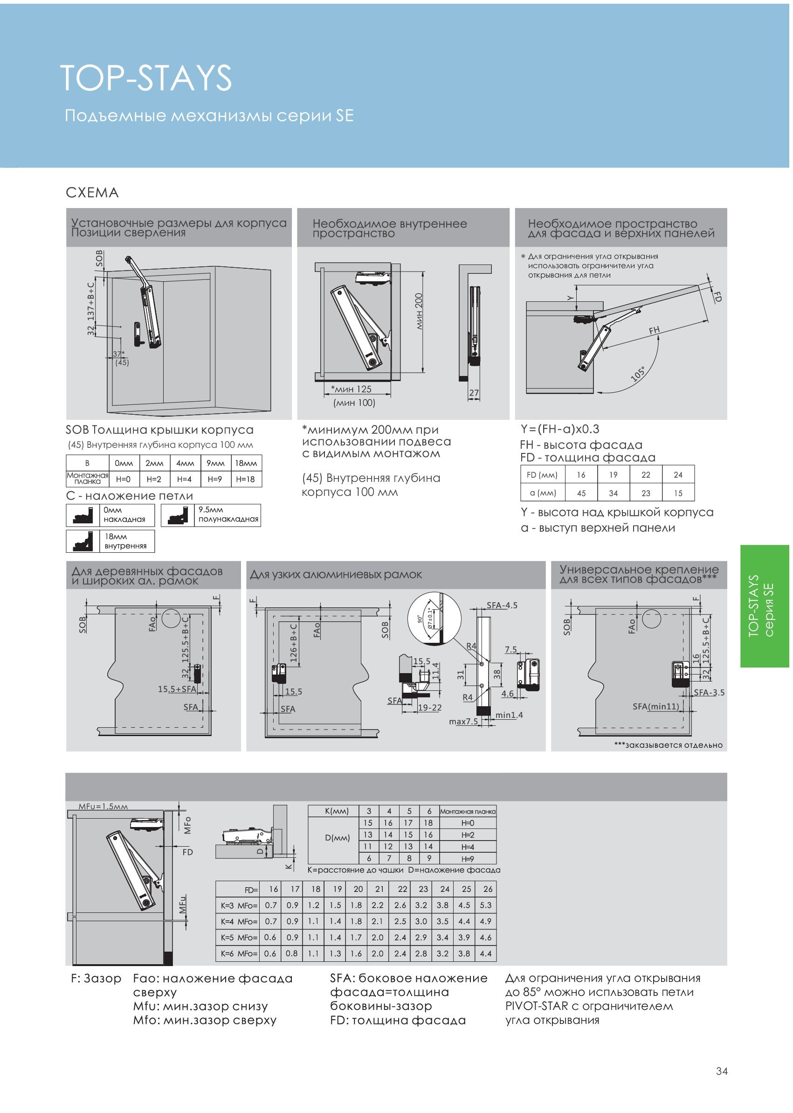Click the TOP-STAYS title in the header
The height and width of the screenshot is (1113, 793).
145,78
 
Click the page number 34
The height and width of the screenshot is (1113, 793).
721,1071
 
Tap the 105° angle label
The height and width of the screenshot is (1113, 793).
638,374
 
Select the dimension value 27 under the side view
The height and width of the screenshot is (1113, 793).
474,393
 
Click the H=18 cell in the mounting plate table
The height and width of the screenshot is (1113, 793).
245,480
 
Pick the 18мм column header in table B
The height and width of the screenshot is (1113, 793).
246,463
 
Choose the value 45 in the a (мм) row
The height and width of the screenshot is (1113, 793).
581,493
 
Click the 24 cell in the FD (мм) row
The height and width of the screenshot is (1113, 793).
678,475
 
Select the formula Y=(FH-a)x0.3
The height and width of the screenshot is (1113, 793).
559,429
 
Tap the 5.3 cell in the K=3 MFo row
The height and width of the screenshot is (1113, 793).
485,905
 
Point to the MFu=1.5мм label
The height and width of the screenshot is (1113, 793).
103,806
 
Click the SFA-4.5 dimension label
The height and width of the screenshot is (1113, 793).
502,605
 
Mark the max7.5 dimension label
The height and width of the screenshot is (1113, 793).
463,722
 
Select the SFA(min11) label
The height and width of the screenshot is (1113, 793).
656,707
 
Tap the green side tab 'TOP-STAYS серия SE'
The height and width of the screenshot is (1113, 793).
764,606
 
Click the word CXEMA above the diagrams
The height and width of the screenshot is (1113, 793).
92,193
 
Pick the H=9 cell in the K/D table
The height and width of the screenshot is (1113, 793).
467,858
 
